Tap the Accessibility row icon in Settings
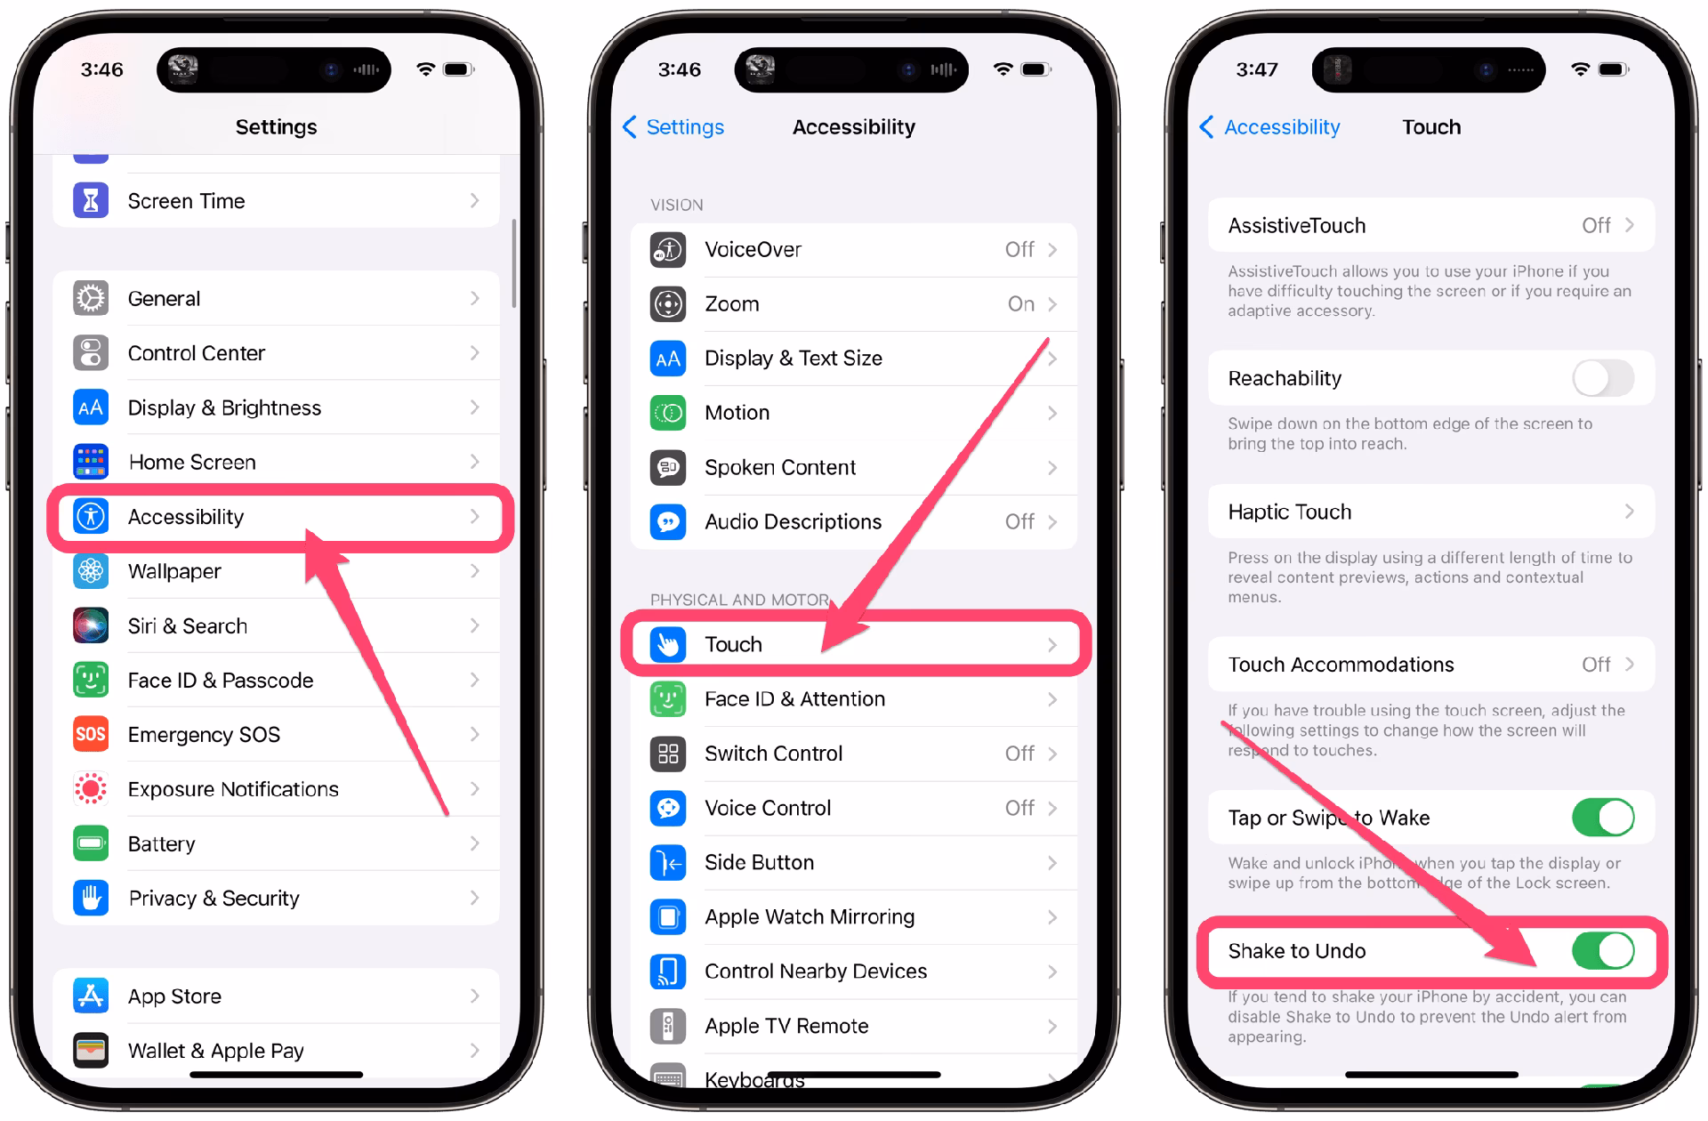tap(91, 517)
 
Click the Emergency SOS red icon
tap(91, 734)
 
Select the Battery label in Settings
tap(161, 843)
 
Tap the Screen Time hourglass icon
tap(91, 201)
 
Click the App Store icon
tap(91, 996)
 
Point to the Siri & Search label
tap(188, 626)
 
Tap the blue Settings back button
tap(673, 127)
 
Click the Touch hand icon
tap(668, 644)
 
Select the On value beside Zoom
tap(1021, 304)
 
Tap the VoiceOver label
tap(753, 250)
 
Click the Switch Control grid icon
tap(668, 754)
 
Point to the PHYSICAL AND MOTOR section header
tap(739, 600)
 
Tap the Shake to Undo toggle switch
tap(1603, 951)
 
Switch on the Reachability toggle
tap(1603, 378)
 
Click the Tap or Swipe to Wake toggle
tap(1603, 818)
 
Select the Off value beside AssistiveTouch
tap(1596, 226)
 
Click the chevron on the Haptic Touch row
tap(1630, 512)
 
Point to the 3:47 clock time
tap(1257, 69)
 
